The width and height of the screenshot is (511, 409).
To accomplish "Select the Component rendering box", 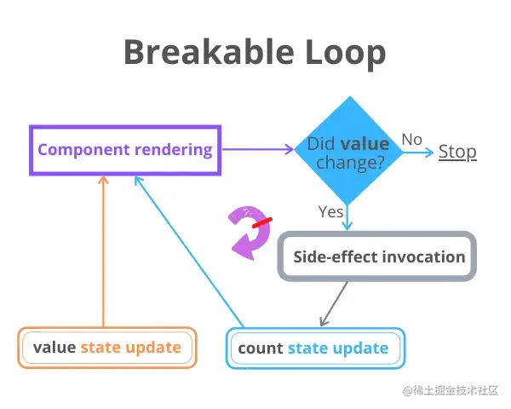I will (125, 150).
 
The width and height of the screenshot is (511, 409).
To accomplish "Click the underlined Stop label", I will (457, 152).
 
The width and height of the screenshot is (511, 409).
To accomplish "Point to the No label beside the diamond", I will (412, 139).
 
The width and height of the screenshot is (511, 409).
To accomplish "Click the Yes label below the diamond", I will (330, 210).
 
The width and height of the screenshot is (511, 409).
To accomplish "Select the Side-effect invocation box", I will (379, 256).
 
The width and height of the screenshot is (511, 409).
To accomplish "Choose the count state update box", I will (315, 348).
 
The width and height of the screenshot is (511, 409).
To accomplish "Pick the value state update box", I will (107, 348).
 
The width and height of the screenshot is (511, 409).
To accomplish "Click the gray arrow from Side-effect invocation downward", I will (335, 303).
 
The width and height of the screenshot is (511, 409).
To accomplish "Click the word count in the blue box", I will (261, 348).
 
